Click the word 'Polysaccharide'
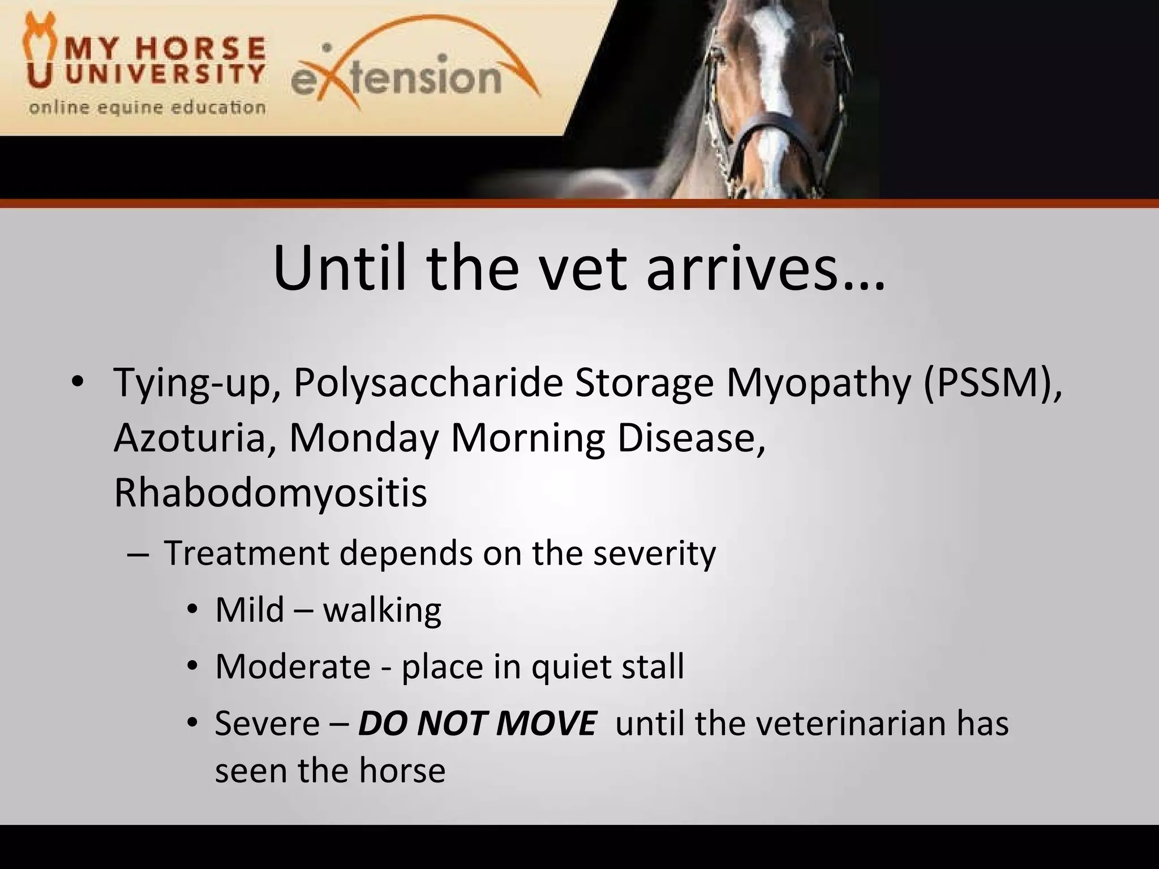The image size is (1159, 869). point(428,383)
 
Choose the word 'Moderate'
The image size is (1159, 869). point(293,666)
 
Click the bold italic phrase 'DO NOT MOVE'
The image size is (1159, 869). point(477,723)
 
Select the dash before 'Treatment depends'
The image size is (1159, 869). point(136,554)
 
